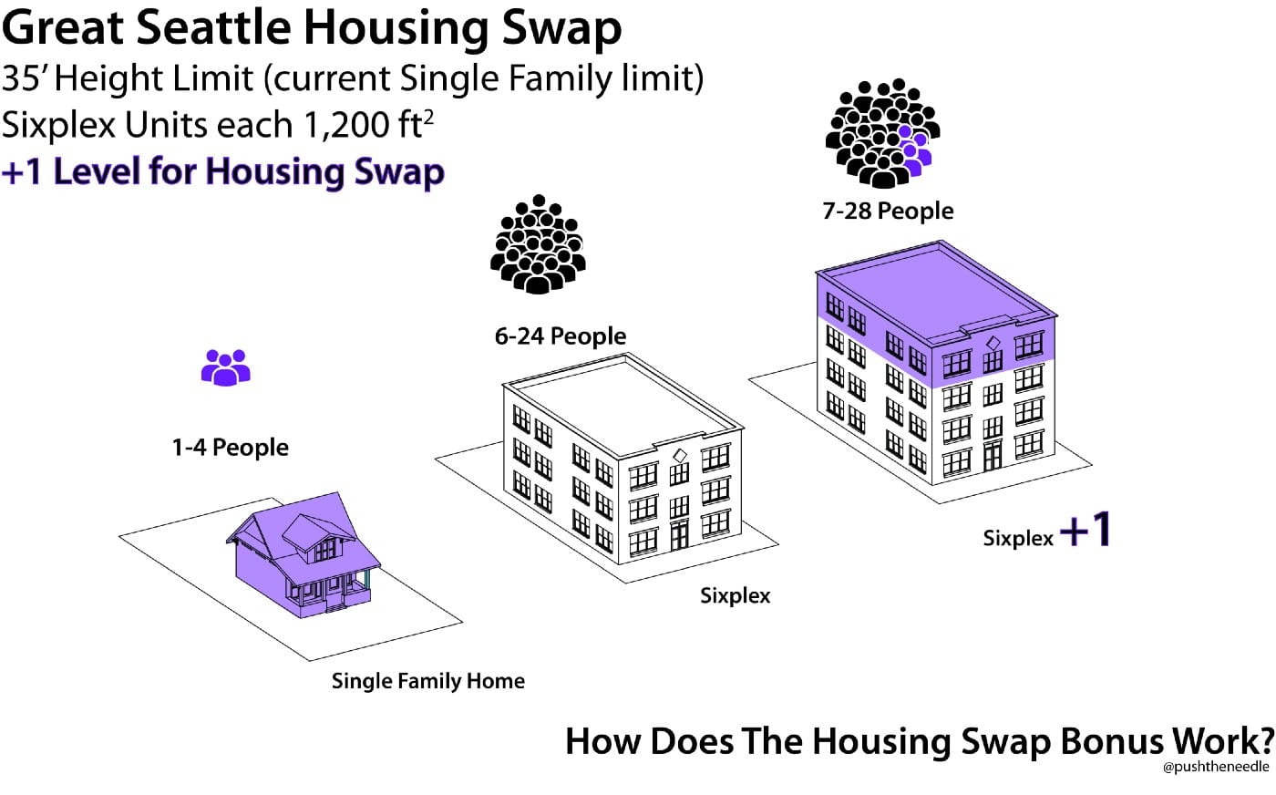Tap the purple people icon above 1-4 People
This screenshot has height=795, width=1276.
click(225, 367)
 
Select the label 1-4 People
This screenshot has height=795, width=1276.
click(230, 448)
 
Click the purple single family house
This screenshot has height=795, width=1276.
click(304, 556)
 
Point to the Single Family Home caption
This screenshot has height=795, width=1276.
click(427, 681)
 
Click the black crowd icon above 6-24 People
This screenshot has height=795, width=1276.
click(538, 244)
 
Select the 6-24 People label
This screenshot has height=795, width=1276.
click(560, 336)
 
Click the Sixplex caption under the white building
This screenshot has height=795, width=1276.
click(735, 596)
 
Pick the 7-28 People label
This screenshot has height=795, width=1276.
click(888, 211)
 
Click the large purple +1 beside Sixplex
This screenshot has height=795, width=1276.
click(1086, 530)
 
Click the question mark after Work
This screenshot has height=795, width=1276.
click(1263, 740)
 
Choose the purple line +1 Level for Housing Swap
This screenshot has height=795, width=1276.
click(223, 171)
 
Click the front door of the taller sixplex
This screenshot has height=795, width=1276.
click(993, 455)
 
